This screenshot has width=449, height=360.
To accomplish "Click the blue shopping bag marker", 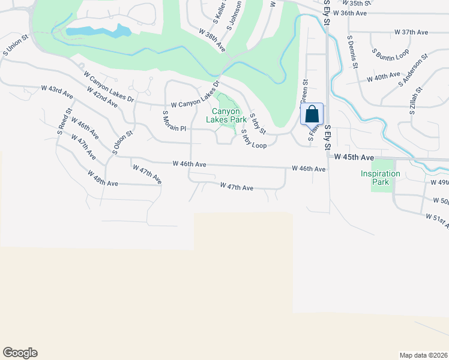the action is click(312, 114).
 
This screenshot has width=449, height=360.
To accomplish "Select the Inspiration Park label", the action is click(380, 178).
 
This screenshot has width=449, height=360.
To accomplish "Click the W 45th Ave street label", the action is click(354, 157).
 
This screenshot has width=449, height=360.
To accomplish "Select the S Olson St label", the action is click(121, 143).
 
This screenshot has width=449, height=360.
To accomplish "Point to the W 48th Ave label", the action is click(103, 178).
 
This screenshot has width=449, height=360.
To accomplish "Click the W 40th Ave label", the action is click(383, 77).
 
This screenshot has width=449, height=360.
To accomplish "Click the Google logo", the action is click(20, 353).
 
